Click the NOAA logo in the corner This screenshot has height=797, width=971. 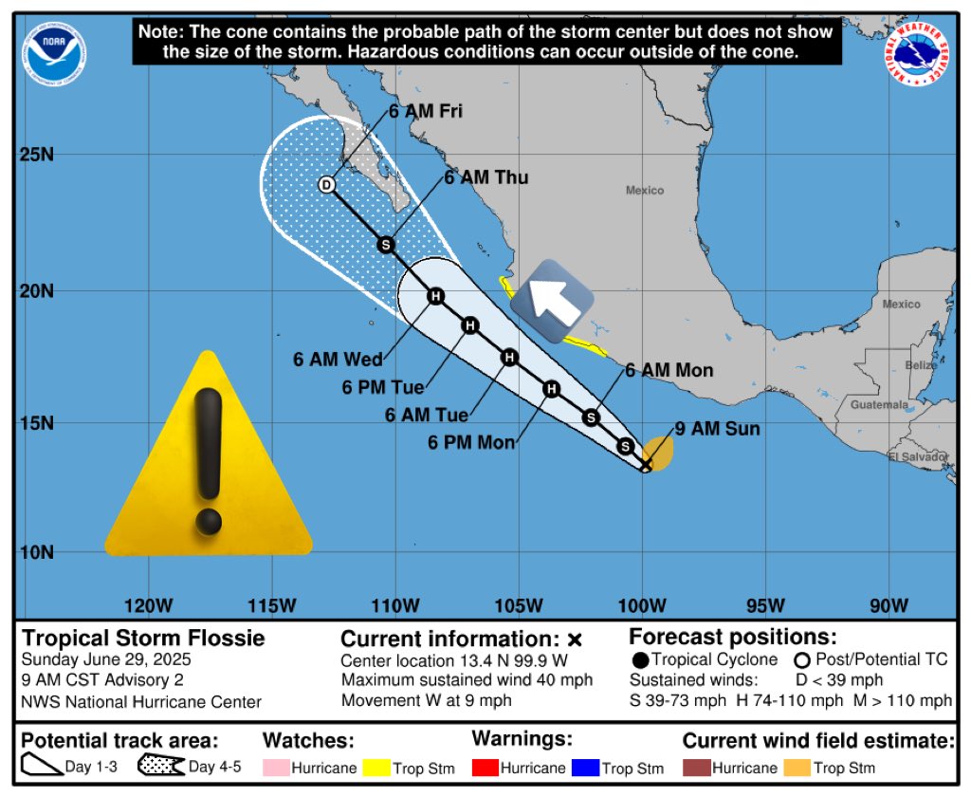click(x=56, y=51)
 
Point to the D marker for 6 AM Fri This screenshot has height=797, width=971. click(x=327, y=185)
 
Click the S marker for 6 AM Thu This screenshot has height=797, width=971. click(x=386, y=245)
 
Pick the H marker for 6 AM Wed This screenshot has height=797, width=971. click(x=435, y=296)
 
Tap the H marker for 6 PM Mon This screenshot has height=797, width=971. click(x=552, y=388)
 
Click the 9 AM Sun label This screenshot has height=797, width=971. click(x=717, y=429)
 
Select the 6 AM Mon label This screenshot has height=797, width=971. click(x=669, y=371)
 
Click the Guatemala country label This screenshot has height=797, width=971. click(x=878, y=405)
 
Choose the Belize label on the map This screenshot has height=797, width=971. click(x=920, y=365)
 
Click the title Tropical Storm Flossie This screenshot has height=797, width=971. click(x=143, y=638)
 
